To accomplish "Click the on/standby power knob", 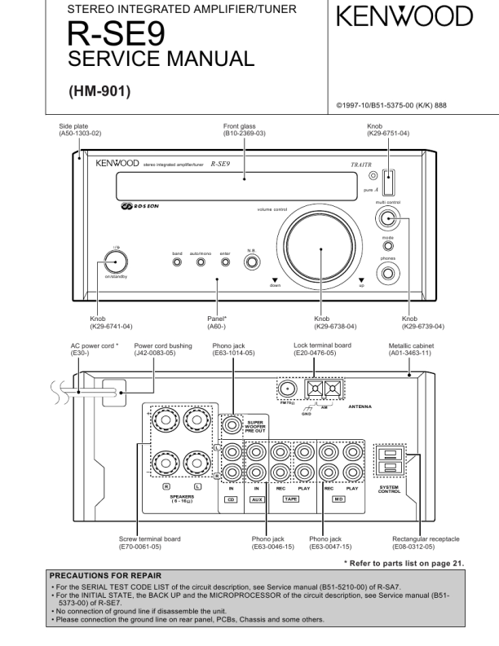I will click(116, 261).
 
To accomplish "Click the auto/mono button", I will click(200, 264).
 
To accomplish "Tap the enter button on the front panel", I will click(225, 264).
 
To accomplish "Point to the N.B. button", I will click(253, 262).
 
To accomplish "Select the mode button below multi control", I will click(388, 245).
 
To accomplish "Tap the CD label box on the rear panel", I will click(231, 499).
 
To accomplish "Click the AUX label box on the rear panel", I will click(256, 499).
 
